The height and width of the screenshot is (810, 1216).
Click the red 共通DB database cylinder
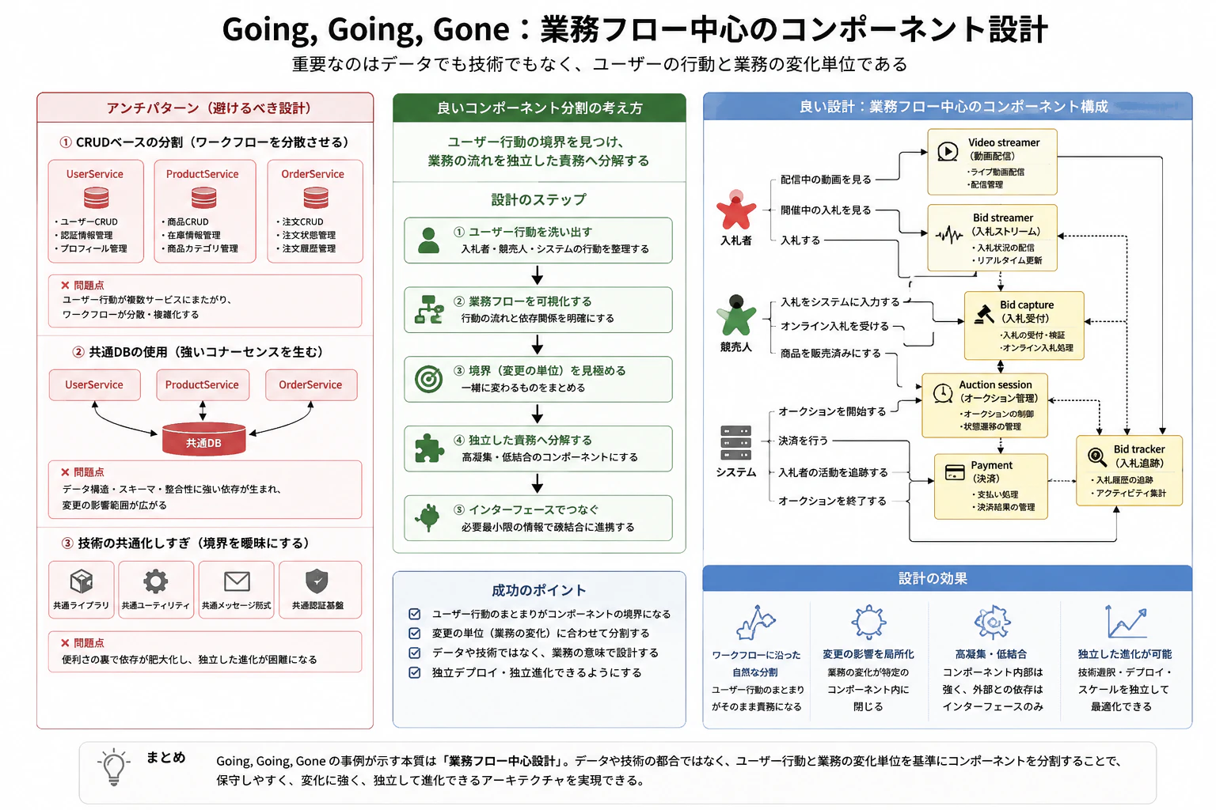(203, 438)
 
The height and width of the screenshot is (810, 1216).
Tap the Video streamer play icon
(948, 151)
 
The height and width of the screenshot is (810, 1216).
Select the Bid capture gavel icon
(984, 314)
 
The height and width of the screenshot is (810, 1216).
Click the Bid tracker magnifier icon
(1097, 457)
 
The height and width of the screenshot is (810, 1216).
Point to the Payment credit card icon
(954, 472)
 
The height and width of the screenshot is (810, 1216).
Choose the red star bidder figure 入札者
(735, 210)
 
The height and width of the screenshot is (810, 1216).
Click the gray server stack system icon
(735, 443)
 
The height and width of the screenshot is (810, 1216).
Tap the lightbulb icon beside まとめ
(114, 767)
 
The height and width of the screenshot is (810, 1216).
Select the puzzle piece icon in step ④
(429, 449)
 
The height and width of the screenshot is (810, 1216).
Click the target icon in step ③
(429, 379)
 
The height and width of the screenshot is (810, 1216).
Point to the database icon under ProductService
(204, 198)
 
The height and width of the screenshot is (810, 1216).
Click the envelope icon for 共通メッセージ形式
(237, 581)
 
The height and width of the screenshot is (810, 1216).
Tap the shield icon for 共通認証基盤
(317, 581)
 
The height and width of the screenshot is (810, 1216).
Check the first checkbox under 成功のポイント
(415, 614)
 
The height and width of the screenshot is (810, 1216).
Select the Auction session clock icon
(943, 393)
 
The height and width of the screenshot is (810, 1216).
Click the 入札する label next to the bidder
(800, 240)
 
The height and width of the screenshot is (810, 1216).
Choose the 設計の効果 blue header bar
(948, 578)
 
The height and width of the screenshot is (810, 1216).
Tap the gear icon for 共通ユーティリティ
(156, 581)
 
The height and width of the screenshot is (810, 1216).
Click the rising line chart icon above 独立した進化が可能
(1126, 622)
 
